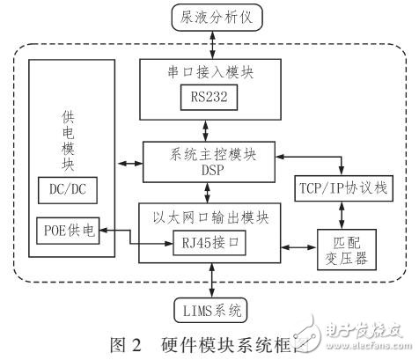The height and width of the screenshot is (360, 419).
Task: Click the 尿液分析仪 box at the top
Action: coord(210,15)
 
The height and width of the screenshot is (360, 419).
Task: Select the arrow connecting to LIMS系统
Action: coord(209,281)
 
